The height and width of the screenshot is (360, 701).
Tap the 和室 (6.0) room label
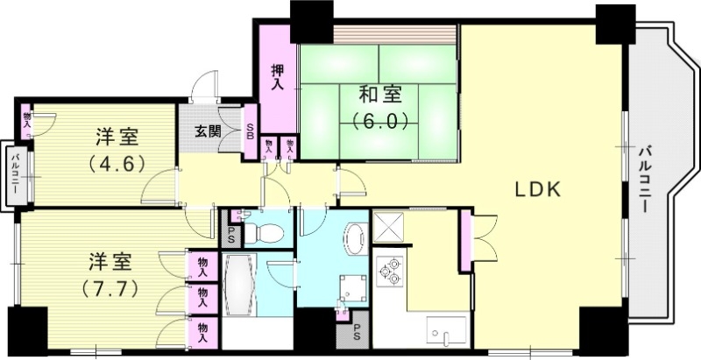380,105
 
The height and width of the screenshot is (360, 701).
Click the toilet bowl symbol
267,234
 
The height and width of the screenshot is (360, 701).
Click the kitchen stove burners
388,271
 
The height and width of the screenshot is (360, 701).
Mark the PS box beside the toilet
231,234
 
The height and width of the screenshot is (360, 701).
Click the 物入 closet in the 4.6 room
26,119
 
